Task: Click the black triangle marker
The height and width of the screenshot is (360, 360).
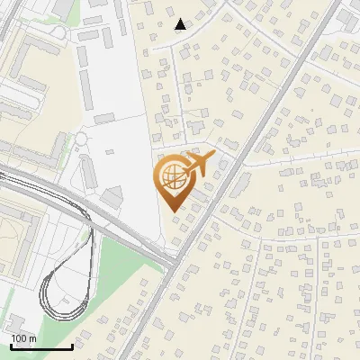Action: [x=181, y=24]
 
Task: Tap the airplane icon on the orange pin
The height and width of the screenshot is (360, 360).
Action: [x=199, y=164]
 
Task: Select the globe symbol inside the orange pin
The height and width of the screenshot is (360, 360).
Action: [x=171, y=177]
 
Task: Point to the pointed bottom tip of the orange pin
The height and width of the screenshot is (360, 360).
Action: [x=172, y=211]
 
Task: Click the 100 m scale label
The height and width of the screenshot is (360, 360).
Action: [x=23, y=338]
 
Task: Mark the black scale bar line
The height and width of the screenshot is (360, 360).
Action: [x=40, y=346]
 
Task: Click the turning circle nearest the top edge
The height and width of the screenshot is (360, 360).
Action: [x=58, y=32]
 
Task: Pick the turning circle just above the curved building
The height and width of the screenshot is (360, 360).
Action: [x=81, y=138]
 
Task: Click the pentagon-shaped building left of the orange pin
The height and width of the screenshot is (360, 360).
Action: [x=113, y=195]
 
